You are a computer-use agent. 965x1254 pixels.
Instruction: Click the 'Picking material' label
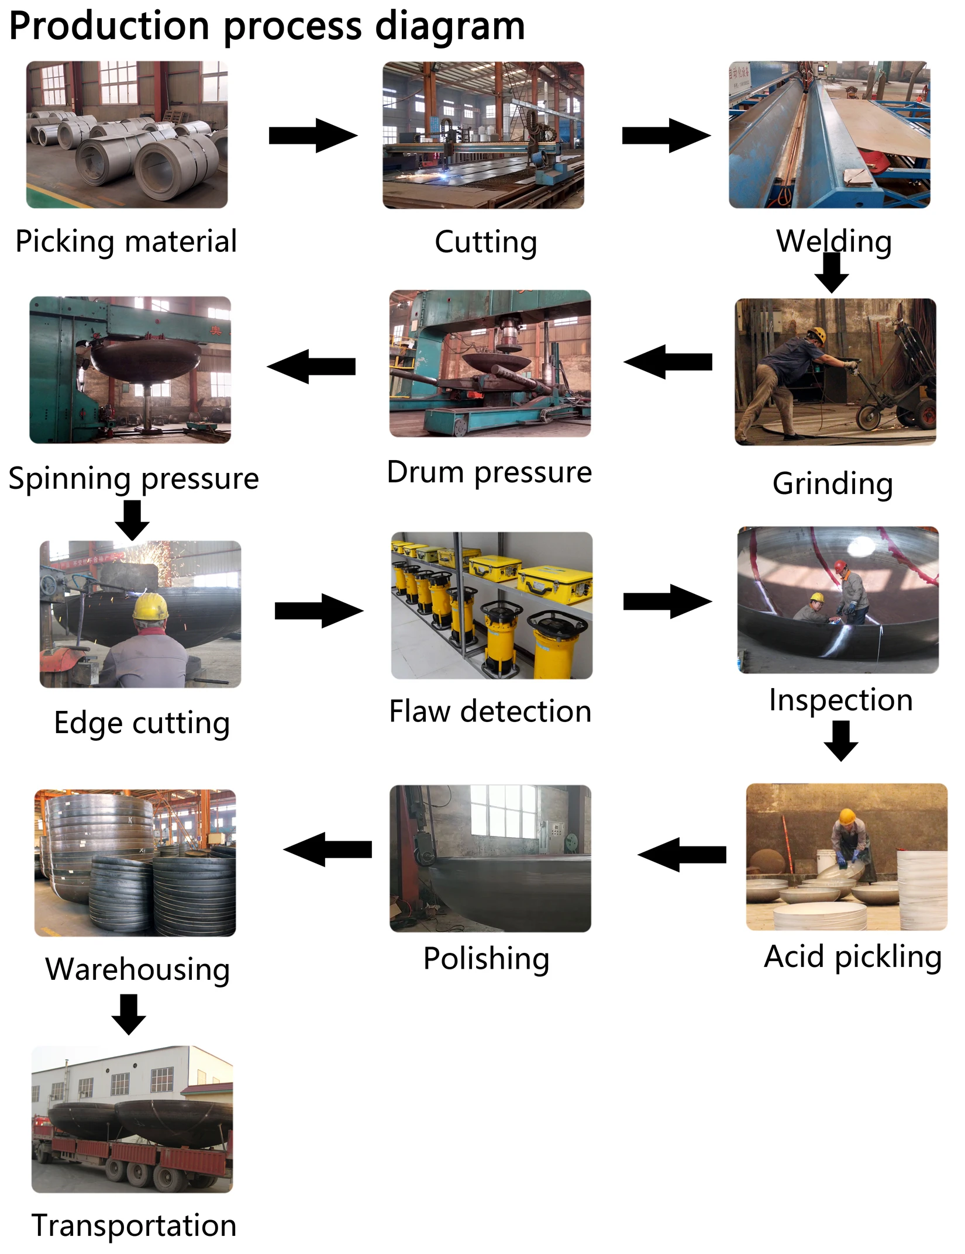(126, 242)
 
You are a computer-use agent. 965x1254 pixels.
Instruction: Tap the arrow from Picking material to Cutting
(313, 136)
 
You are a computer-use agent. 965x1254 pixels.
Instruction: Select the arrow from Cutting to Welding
(666, 136)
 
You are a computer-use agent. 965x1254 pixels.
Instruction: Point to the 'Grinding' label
(833, 484)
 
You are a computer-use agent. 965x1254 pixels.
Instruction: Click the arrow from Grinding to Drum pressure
(668, 362)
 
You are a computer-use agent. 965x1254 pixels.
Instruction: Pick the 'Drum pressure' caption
(490, 472)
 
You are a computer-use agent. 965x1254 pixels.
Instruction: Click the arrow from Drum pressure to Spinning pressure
(311, 367)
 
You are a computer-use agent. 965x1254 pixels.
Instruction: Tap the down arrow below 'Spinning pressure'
(132, 520)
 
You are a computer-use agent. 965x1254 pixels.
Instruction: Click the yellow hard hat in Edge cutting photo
(150, 607)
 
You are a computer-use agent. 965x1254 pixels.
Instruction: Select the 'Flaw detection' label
(490, 711)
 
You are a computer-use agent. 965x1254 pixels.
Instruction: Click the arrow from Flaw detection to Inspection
(668, 601)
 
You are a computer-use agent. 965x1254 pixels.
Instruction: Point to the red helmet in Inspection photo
(840, 566)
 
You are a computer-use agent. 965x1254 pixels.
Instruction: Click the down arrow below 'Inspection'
(841, 741)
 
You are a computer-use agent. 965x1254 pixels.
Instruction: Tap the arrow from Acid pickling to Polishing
(682, 855)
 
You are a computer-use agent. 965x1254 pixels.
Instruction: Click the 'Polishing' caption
(486, 959)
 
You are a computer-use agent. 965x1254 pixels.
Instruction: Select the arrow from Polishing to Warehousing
(328, 849)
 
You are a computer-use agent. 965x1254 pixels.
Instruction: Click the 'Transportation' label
(134, 1225)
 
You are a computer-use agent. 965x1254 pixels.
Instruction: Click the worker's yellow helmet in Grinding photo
(818, 335)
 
